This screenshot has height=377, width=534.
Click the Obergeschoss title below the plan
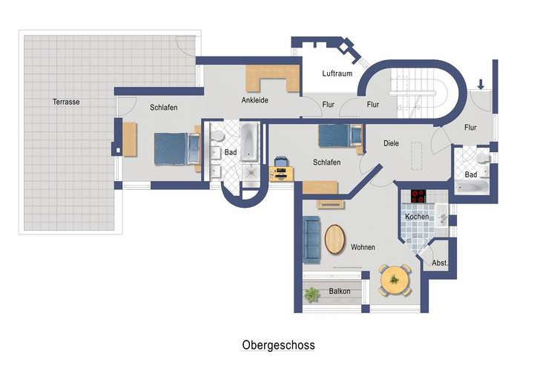pyautogui.click(x=278, y=345)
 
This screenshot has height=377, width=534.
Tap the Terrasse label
pyautogui.click(x=66, y=102)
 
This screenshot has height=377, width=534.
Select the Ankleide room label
pyautogui.click(x=254, y=100)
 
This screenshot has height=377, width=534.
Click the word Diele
pyautogui.click(x=392, y=144)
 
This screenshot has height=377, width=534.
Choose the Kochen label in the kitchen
pyautogui.click(x=416, y=217)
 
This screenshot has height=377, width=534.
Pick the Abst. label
pyautogui.click(x=439, y=263)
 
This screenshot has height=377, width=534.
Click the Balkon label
pyautogui.click(x=339, y=292)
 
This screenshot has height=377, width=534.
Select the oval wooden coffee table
pyautogui.click(x=335, y=240)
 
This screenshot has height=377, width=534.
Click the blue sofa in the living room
pyautogui.click(x=311, y=240)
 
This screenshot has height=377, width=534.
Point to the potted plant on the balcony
pyautogui.click(x=311, y=295)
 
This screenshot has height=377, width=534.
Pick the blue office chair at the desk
pyautogui.click(x=281, y=163)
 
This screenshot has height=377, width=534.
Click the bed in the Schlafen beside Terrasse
pyautogui.click(x=175, y=148)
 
